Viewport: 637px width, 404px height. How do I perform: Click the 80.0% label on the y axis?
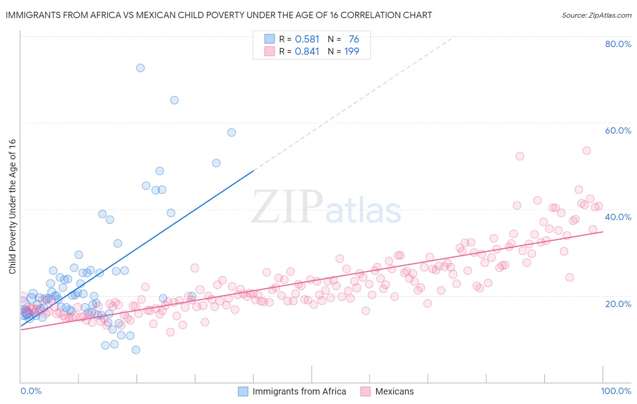pos(618,44)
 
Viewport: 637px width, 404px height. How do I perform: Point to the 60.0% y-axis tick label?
pos(618,130)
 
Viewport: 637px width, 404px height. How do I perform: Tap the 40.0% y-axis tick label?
pos(618,217)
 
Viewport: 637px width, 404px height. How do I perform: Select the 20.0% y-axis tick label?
pos(618,303)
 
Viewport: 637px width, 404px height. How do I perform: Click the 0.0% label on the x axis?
pos(31,391)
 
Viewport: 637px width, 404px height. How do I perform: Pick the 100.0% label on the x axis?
pos(616,391)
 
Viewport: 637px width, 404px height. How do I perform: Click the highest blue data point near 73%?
pos(140,68)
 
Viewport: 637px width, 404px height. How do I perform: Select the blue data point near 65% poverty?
pos(174,101)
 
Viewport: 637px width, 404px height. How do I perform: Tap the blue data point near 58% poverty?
pos(232,133)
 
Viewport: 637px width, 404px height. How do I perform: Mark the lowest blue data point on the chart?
pos(136,350)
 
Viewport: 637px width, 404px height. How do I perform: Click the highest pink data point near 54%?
pos(587,151)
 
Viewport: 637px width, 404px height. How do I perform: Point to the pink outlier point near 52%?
pos(520,156)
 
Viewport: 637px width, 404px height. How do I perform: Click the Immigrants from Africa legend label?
pos(299,391)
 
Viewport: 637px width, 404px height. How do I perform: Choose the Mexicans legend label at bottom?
pos(394,391)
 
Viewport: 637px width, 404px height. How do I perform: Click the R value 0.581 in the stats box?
pos(307,39)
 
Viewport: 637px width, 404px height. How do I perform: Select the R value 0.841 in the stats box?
pos(307,52)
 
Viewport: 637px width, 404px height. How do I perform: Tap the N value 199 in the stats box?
pos(352,52)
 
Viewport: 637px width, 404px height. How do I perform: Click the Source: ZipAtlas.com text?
pos(596,15)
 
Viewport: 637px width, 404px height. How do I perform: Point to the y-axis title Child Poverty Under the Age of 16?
pos(13,206)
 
